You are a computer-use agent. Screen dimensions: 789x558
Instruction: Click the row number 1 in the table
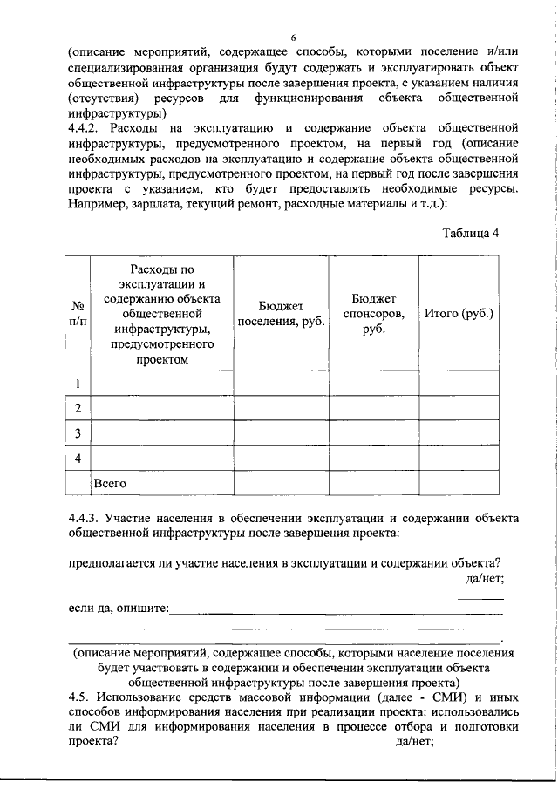(78, 384)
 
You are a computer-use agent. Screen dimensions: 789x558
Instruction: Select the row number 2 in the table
(78, 408)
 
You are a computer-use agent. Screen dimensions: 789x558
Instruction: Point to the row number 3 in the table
(78, 433)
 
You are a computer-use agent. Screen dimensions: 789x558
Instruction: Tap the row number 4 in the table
(78, 458)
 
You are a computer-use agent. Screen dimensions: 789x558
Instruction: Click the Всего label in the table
(111, 481)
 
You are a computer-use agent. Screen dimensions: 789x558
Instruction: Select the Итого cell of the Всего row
(459, 482)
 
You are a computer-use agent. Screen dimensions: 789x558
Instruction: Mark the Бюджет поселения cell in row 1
(281, 384)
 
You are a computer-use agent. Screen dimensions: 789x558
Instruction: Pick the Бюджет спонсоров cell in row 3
(374, 433)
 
